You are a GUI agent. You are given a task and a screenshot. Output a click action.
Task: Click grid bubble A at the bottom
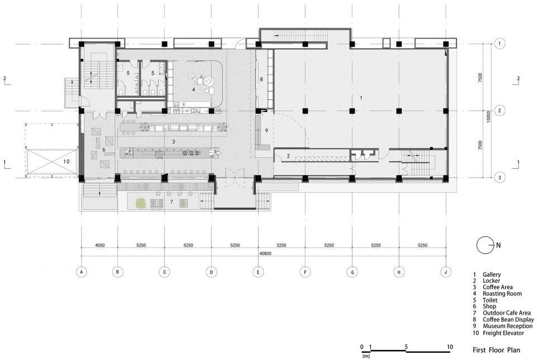click(x=82, y=272)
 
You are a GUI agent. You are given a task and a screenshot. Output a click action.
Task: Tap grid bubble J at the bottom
click(x=446, y=272)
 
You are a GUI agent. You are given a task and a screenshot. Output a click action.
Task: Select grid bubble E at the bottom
click(x=258, y=272)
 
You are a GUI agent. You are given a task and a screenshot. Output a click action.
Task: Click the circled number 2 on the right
click(x=500, y=111)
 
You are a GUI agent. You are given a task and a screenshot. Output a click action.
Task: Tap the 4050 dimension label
click(x=100, y=245)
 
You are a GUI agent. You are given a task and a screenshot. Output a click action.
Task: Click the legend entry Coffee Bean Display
click(x=507, y=320)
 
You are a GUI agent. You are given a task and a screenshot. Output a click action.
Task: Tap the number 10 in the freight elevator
click(x=66, y=161)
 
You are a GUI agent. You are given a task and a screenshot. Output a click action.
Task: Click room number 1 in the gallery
click(x=361, y=98)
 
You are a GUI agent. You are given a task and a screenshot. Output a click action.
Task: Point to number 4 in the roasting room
click(x=194, y=89)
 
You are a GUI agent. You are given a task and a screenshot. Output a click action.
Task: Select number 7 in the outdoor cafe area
click(x=172, y=201)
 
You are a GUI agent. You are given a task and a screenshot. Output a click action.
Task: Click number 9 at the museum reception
click(x=266, y=131)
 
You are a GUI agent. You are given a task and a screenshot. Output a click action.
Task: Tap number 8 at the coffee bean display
click(x=261, y=79)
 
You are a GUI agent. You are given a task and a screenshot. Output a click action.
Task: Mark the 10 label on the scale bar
click(x=449, y=346)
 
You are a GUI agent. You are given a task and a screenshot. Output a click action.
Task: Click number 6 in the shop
click(x=104, y=150)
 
